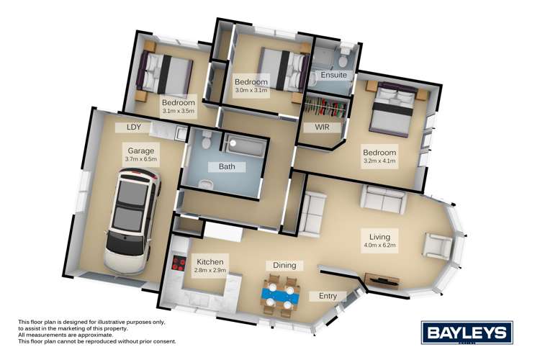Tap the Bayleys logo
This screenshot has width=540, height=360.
pos(467,333)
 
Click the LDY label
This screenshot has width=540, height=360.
pos(133,127)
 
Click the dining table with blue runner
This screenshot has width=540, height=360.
pos(280,294)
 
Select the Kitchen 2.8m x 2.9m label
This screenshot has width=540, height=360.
pos(210,266)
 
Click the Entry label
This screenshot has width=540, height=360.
pos(323,296)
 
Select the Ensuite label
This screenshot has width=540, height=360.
pos(333,75)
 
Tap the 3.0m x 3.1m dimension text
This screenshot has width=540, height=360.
pos(251,91)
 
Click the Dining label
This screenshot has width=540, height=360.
pos(284,266)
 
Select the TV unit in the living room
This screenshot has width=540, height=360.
pos(382,279)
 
